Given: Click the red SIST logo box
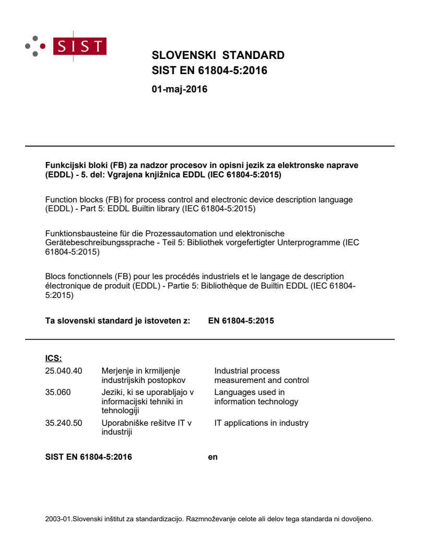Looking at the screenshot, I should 81,46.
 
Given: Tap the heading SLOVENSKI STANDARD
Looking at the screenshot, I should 218,55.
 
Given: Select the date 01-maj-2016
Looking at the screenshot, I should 179,89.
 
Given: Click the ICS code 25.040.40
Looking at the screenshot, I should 64,371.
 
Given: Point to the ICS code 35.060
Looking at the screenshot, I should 58,392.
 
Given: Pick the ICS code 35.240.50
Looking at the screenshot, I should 64,423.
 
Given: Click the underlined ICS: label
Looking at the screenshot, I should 54,358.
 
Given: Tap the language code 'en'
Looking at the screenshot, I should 212,457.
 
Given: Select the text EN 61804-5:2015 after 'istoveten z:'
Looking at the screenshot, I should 241,321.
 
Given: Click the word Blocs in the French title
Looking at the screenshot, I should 56,277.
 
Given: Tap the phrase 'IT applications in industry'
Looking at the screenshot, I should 261,423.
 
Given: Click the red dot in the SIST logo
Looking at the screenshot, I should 42,46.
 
